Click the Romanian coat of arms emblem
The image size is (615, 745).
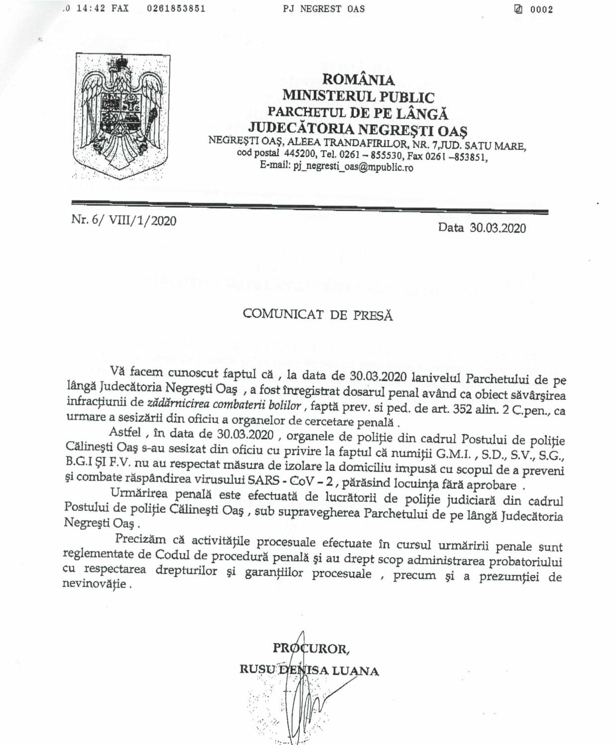[118, 116]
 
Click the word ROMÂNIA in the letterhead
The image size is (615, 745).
[358, 80]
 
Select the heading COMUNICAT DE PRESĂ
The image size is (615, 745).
[317, 315]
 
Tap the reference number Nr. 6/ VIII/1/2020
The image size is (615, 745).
[124, 220]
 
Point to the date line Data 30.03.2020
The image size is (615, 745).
[482, 228]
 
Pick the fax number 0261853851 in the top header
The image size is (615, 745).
[176, 8]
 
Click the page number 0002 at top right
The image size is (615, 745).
[541, 9]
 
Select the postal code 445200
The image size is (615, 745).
[298, 153]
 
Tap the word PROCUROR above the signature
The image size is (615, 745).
[311, 649]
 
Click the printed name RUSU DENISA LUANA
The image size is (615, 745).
[309, 670]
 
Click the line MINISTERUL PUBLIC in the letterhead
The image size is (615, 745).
[358, 96]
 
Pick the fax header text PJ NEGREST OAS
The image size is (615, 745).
[323, 8]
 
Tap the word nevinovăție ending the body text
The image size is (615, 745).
[94, 584]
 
